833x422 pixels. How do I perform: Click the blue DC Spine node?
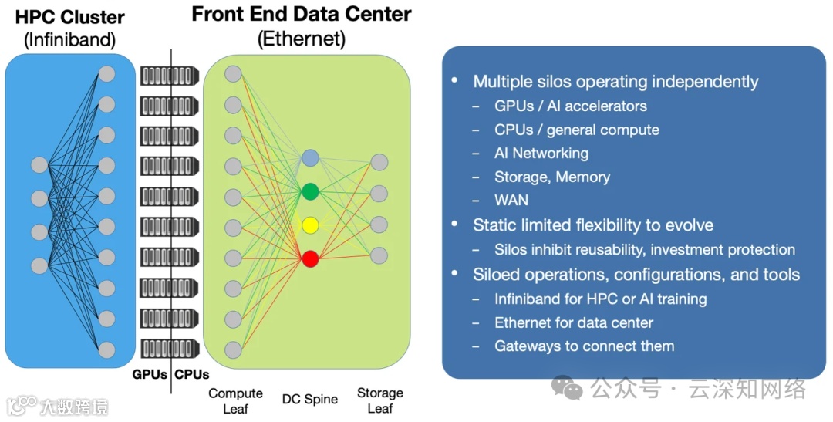[310, 158]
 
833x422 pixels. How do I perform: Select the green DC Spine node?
[310, 191]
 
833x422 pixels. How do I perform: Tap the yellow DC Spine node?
[310, 225]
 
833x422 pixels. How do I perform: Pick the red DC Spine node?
[310, 258]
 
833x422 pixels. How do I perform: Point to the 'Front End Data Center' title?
[302, 14]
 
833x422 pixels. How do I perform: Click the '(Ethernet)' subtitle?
[302, 39]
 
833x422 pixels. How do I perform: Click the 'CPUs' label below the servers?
[192, 375]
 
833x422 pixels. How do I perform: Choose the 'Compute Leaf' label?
[235, 400]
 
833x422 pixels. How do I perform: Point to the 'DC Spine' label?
[310, 399]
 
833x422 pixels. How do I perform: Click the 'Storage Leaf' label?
[379, 400]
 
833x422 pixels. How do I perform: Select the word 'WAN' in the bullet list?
[511, 201]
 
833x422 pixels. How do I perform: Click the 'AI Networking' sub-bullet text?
[541, 153]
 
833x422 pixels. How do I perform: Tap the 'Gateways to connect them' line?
[584, 346]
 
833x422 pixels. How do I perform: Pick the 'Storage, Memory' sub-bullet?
[551, 177]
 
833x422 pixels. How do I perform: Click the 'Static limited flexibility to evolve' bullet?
[592, 225]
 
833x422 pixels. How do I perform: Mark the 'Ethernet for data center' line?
[573, 322]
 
